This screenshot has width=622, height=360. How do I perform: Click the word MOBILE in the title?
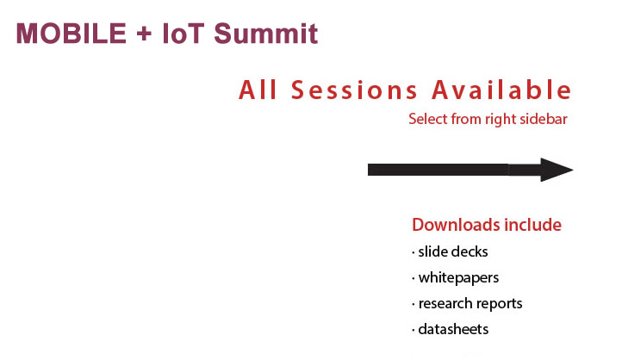[71, 34]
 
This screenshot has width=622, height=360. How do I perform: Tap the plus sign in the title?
[144, 34]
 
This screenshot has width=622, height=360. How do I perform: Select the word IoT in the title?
[183, 34]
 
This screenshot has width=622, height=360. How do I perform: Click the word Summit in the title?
[266, 34]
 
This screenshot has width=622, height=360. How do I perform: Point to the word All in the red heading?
[258, 90]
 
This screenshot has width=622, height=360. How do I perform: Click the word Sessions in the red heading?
[354, 90]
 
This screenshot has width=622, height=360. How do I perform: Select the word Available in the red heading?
[501, 90]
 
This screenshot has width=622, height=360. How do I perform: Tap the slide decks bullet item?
[452, 251]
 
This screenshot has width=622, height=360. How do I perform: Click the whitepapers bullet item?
[458, 278]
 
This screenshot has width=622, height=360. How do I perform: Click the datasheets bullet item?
[453, 329]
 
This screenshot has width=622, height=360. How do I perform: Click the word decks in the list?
[470, 251]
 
